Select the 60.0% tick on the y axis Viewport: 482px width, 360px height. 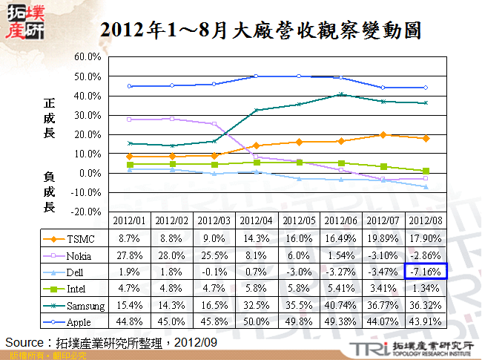tap(88, 57)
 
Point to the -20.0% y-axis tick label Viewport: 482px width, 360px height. tap(87, 212)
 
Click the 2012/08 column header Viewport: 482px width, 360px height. tap(426, 220)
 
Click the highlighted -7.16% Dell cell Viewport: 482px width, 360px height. tap(426, 272)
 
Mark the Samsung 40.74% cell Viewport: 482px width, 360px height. tap(341, 305)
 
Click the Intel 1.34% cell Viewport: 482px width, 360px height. tap(426, 289)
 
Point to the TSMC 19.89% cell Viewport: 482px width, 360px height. tap(383, 239)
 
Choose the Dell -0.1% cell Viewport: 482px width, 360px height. tap(214, 272)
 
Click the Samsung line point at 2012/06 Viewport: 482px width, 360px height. tap(341, 94)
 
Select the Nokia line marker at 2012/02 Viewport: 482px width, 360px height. tap(172, 119)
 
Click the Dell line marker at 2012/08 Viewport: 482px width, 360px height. tap(426, 187)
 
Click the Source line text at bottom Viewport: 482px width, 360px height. tap(111, 342)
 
